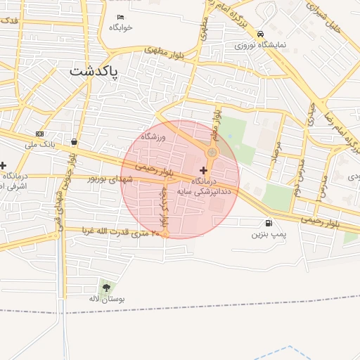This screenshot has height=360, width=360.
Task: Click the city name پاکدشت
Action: click(95, 72)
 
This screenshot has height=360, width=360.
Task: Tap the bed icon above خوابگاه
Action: click(120, 17)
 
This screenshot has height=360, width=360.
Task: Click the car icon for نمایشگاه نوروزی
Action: click(261, 34)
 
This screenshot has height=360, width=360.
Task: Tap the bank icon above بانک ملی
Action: click(39, 134)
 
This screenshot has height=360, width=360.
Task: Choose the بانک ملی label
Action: click(39, 144)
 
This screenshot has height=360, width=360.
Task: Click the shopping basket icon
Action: click(75, 141)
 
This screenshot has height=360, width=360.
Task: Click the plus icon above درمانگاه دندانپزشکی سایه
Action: click(204, 170)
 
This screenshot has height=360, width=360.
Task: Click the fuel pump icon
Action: click(260, 223)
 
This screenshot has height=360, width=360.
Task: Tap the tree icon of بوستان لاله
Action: click(106, 287)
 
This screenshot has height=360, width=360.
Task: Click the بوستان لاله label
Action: click(111, 299)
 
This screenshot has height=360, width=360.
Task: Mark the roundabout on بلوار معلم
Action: click(212, 153)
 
